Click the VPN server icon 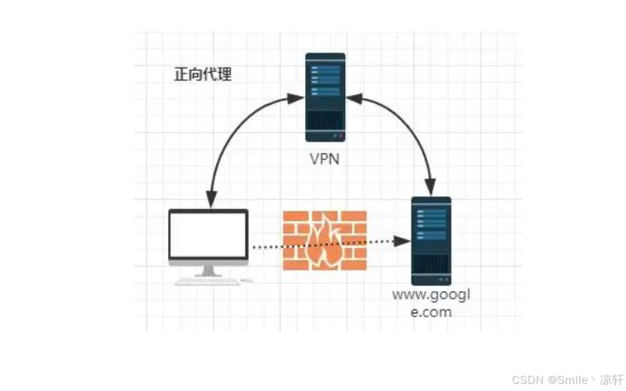click(325, 97)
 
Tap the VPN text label click(325, 159)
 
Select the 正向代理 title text click(203, 75)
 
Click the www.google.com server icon click(431, 240)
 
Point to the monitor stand click(208, 271)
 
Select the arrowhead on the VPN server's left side click(297, 99)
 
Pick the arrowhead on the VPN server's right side click(353, 99)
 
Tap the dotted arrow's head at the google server click(402, 241)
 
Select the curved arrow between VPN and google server click(408, 131)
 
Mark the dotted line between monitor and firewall click(266, 246)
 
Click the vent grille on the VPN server click(325, 121)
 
